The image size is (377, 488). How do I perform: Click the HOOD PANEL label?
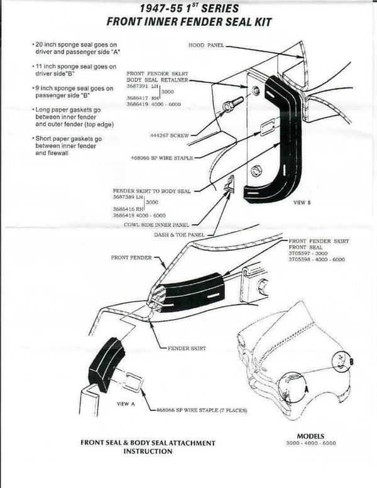click(x=205, y=46)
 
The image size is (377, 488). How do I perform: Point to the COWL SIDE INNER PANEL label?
click(x=158, y=224)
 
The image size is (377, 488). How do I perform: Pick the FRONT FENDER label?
click(x=129, y=257)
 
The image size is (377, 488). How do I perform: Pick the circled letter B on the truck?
click(x=352, y=361)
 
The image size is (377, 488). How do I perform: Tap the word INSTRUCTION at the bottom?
click(x=148, y=452)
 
